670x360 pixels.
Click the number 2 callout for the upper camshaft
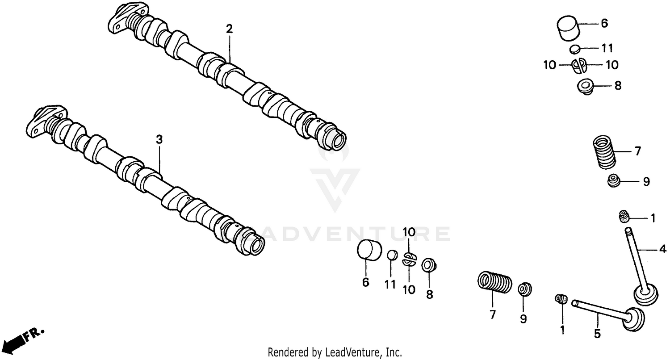click(229, 29)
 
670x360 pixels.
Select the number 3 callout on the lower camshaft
click(159, 139)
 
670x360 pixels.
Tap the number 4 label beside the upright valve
click(662, 249)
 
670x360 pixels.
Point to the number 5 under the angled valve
click(597, 333)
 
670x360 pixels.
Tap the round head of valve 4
click(646, 296)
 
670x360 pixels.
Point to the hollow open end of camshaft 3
click(255, 245)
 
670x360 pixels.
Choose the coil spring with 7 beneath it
click(494, 284)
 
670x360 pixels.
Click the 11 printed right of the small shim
click(607, 48)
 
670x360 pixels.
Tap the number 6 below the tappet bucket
click(365, 282)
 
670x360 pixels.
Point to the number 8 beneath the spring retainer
click(429, 294)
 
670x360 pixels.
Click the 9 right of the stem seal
click(646, 182)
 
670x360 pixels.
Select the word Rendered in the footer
click(286, 352)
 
